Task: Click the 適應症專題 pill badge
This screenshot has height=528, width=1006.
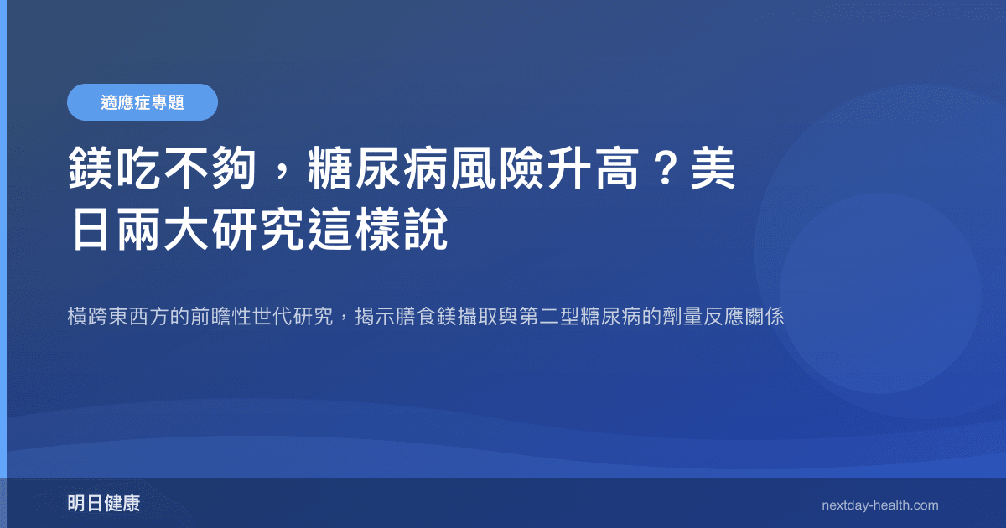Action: point(142,102)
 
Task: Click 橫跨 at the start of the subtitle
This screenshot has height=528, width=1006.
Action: point(86,318)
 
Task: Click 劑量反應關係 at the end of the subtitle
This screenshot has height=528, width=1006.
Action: point(723,318)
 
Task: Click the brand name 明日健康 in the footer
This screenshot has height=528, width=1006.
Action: point(103,504)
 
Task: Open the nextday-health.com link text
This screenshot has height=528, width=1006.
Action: point(879,505)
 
